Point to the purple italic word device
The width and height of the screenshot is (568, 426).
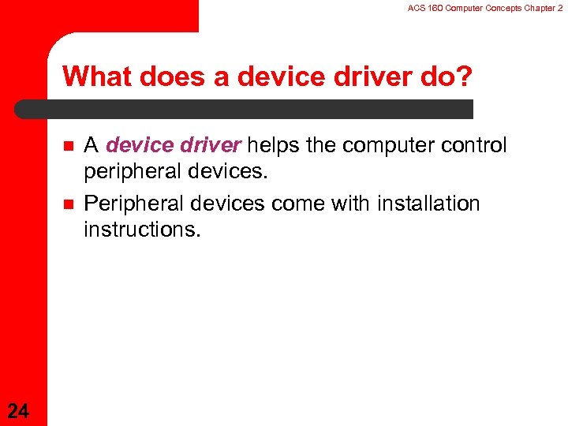(x=135, y=145)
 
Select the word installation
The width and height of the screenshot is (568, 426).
(x=429, y=204)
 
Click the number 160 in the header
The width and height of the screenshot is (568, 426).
(x=433, y=7)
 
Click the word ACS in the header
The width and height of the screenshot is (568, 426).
(x=416, y=7)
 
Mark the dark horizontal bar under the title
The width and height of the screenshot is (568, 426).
(x=245, y=109)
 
